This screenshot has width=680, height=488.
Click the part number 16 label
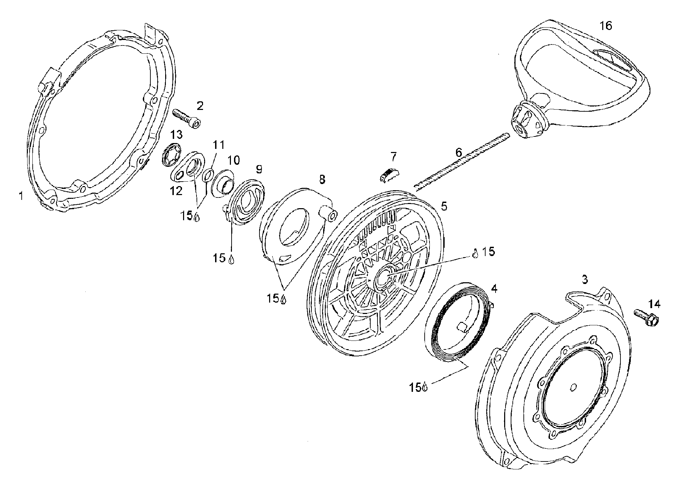click(x=606, y=26)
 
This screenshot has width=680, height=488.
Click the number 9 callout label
click(x=259, y=169)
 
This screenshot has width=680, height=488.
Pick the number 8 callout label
click(x=322, y=179)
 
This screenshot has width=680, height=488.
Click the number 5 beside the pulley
click(x=444, y=206)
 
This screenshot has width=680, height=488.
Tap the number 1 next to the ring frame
click(x=22, y=196)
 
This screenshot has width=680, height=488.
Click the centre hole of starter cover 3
click(x=573, y=388)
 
